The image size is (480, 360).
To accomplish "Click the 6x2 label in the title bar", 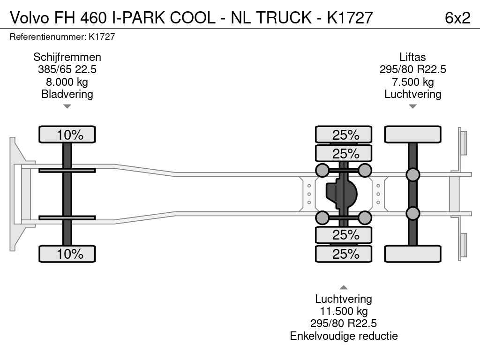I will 457,17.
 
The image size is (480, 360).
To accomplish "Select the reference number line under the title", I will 62,37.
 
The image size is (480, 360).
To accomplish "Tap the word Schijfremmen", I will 67,57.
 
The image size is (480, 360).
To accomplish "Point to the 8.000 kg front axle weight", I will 67,82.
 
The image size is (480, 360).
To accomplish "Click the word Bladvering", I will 67,94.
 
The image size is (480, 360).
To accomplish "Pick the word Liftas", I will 412,57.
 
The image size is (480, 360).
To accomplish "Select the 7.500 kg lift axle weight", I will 412,82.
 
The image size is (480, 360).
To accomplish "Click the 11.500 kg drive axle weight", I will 344,311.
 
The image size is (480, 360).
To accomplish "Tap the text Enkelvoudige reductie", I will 344,336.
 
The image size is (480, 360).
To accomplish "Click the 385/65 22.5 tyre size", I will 67,70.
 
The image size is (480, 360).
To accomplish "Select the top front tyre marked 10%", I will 67,135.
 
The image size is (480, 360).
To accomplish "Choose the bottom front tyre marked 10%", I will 67,254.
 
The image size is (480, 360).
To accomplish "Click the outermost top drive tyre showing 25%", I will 344,135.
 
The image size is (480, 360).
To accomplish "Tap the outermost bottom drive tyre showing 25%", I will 344,254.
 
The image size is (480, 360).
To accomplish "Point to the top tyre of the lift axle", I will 412,135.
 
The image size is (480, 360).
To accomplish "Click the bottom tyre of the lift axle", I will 412,254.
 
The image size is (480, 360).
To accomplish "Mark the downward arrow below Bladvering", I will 67,106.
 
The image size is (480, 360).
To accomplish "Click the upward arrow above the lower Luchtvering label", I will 344,287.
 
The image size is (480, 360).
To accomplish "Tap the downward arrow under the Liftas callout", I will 412,106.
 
